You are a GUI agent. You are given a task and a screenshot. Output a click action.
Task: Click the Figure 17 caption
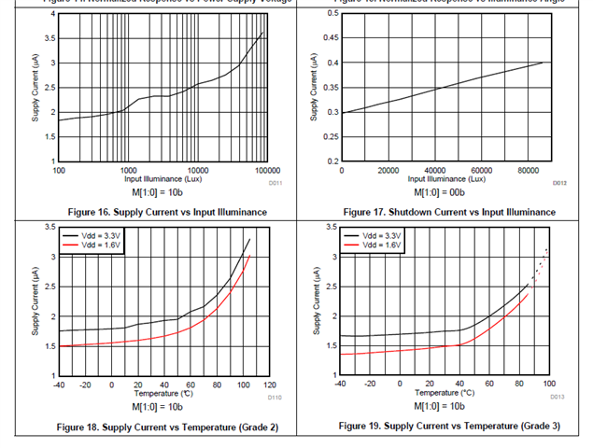click(x=448, y=213)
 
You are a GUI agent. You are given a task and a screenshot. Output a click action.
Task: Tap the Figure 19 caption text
click(x=448, y=427)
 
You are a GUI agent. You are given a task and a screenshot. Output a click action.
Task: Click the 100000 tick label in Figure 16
click(x=268, y=171)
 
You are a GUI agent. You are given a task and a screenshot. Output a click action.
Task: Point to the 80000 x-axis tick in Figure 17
click(x=528, y=171)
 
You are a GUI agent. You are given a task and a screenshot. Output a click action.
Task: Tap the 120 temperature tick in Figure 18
click(x=270, y=385)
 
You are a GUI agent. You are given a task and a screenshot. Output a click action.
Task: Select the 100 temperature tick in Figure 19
click(x=549, y=383)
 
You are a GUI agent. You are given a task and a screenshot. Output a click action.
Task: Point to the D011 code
click(x=276, y=183)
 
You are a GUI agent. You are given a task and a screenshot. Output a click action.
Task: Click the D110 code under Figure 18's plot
click(x=275, y=397)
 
